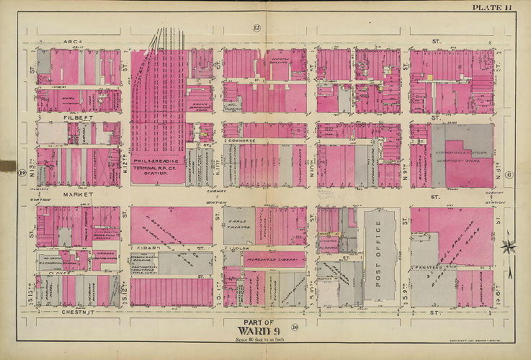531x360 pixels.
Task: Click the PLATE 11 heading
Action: pyautogui.click(x=492, y=7)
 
